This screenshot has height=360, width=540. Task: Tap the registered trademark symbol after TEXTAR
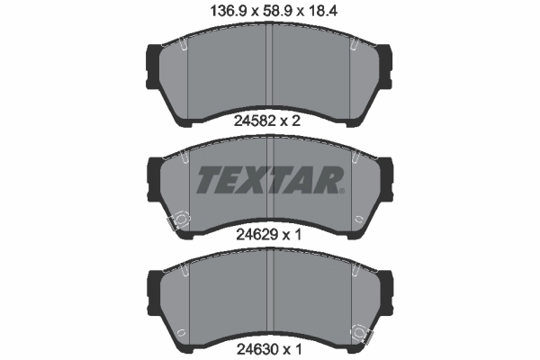(x=342, y=190)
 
